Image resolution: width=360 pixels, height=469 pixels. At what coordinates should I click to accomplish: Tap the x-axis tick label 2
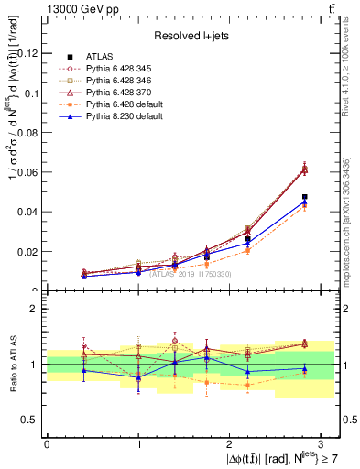(x=229, y=443)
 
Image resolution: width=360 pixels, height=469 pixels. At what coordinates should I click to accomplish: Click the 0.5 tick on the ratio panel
(x=29, y=420)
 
